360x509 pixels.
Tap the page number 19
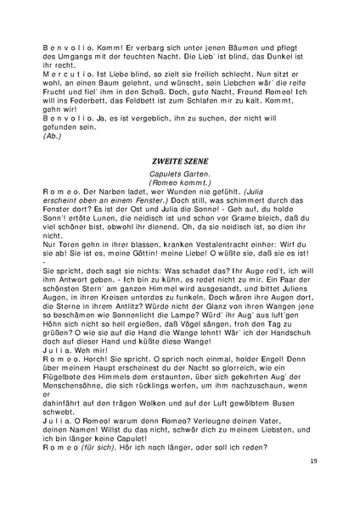point(313,484)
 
